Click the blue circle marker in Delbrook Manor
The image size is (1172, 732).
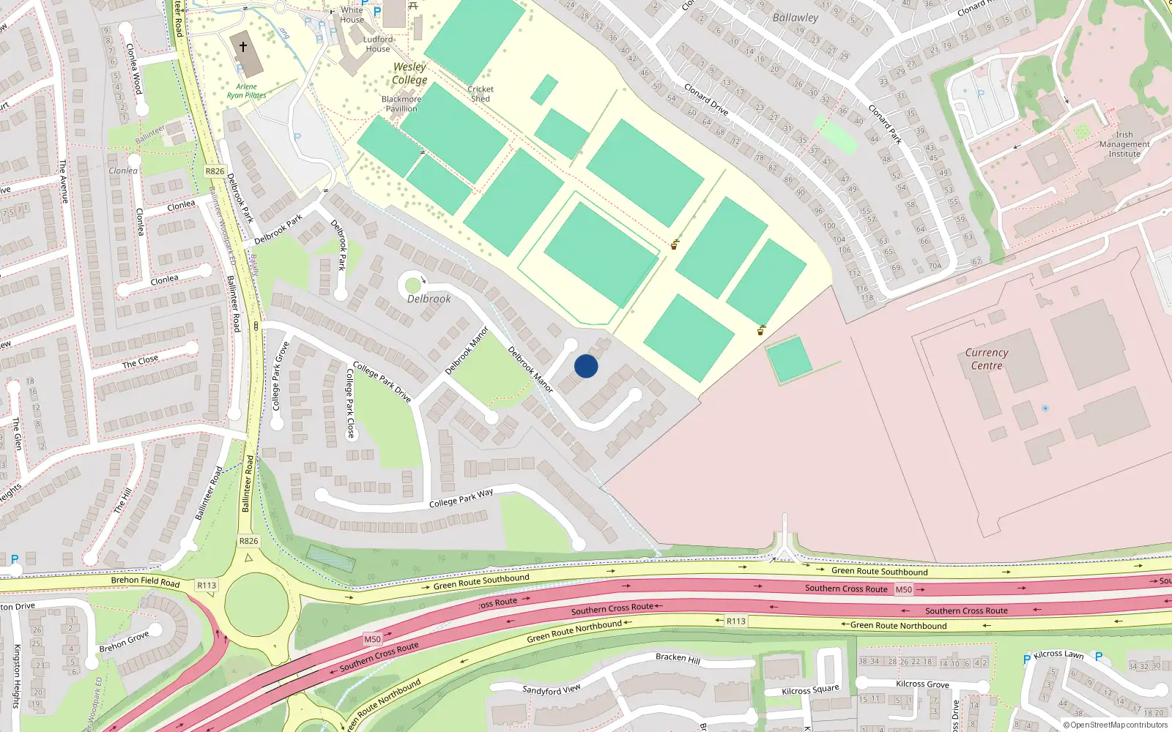pos(586,366)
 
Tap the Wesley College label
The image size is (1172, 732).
pos(409,73)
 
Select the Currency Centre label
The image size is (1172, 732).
pos(987,359)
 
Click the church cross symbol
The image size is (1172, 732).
pos(243,46)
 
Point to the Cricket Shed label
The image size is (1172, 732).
pos(481,94)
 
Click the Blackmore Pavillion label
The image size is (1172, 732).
pos(401,104)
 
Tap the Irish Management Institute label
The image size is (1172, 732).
pos(1124,144)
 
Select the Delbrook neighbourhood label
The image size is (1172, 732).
pos(429,299)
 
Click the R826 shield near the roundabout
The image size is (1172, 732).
pos(249,541)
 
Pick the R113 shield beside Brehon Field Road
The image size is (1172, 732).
pos(207,585)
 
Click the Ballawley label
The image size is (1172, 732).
pos(795,17)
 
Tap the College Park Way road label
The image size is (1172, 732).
pos(461,498)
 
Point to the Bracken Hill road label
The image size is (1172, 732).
pos(678,658)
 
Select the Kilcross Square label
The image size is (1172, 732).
pos(810,690)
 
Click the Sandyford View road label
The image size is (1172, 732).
pos(552,690)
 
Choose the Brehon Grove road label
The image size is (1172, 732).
pos(124,641)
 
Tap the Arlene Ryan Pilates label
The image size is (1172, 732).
pos(246,91)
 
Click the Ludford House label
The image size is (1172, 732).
pos(378,44)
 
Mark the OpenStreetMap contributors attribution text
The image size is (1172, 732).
pos(1116,725)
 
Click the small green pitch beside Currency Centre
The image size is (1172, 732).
pos(788,359)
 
